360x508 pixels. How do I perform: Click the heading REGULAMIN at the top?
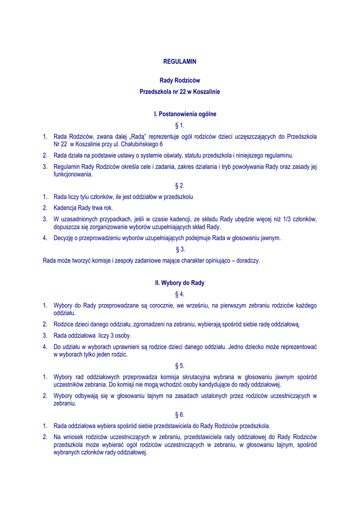coord(180,62)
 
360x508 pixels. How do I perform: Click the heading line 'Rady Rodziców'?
coord(180,80)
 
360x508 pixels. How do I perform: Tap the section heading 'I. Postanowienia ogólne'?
coord(180,114)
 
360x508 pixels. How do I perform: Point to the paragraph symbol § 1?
coord(180,125)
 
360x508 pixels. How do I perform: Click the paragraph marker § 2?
coord(180,186)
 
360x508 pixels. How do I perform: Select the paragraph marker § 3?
coord(180,249)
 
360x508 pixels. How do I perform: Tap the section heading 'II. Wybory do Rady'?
coord(180,283)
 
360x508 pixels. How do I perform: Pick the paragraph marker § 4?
coord(180,294)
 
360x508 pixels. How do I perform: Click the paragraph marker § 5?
coord(180,366)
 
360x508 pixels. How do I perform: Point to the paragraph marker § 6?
coord(180,414)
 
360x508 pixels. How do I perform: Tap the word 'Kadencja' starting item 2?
coord(66,208)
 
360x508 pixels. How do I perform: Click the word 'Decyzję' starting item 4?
coord(64,238)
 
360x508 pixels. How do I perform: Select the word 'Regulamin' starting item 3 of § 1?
coord(67,167)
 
